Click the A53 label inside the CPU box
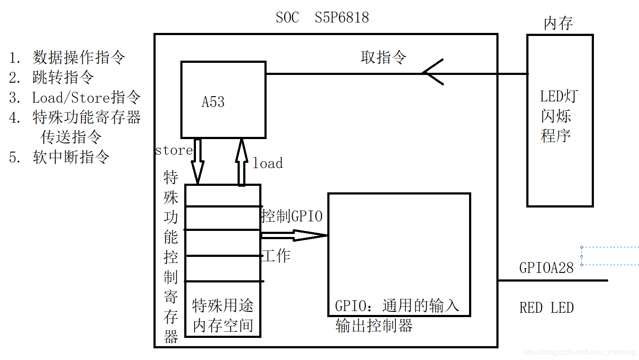point(213,102)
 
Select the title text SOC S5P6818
point(322,18)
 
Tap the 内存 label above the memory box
point(558,23)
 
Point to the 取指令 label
point(384,57)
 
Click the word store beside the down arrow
point(174,150)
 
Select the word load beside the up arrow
point(267,163)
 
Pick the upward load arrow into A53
point(241,162)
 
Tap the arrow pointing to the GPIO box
point(295,236)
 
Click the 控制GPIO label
point(292,216)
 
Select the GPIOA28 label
point(546,268)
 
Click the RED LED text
point(546,308)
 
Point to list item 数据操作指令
point(78,57)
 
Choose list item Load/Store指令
point(86,97)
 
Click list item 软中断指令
point(71,157)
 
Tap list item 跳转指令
point(63,77)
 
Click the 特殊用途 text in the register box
point(223,305)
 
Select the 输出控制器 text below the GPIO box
point(374,326)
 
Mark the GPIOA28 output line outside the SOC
point(553,280)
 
